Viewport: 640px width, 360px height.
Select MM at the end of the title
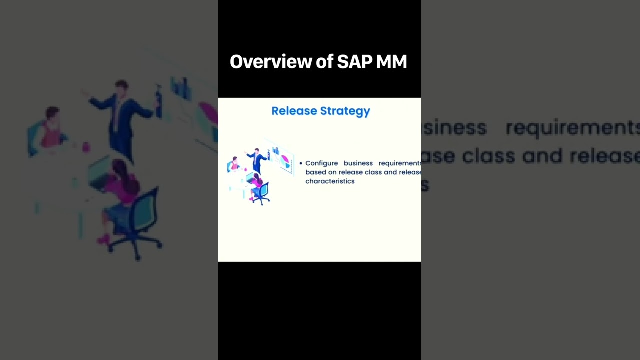tap(393, 62)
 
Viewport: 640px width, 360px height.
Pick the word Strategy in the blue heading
tap(345, 111)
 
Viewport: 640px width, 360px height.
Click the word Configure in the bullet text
tap(321, 163)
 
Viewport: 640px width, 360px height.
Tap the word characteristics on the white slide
tap(330, 181)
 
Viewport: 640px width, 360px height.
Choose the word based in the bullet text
tap(315, 172)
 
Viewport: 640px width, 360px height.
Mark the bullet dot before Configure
tap(301, 163)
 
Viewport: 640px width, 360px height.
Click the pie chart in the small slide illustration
tap(285, 161)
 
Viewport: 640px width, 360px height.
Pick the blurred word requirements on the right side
tap(572, 128)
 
